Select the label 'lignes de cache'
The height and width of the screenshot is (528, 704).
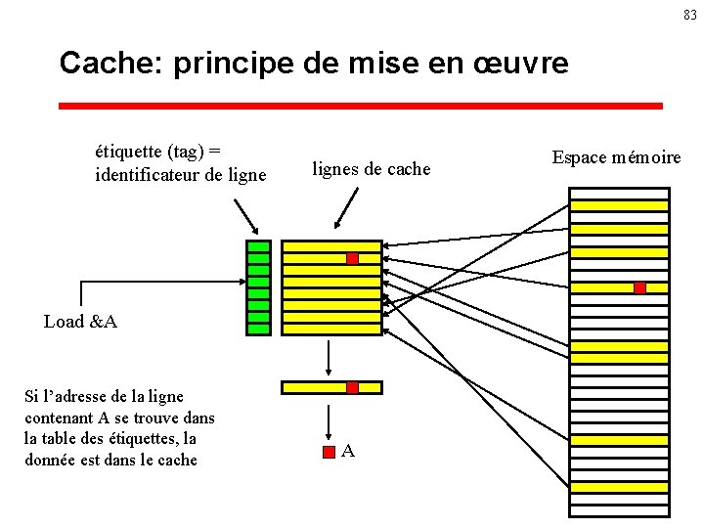pyautogui.click(x=372, y=169)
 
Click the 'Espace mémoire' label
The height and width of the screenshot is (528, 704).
pyautogui.click(x=616, y=157)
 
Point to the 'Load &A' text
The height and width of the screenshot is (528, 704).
pyautogui.click(x=80, y=322)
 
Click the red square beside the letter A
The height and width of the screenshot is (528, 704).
pyautogui.click(x=330, y=452)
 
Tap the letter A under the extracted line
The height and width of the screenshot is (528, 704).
pyautogui.click(x=348, y=452)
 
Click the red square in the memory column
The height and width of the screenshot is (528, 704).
pyautogui.click(x=639, y=287)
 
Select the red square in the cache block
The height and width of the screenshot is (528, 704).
pyautogui.click(x=352, y=259)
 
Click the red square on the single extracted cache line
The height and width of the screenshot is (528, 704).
pyautogui.click(x=352, y=388)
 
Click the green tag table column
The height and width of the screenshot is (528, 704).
pyautogui.click(x=258, y=287)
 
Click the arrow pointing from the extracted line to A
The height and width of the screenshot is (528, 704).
pyautogui.click(x=330, y=418)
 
